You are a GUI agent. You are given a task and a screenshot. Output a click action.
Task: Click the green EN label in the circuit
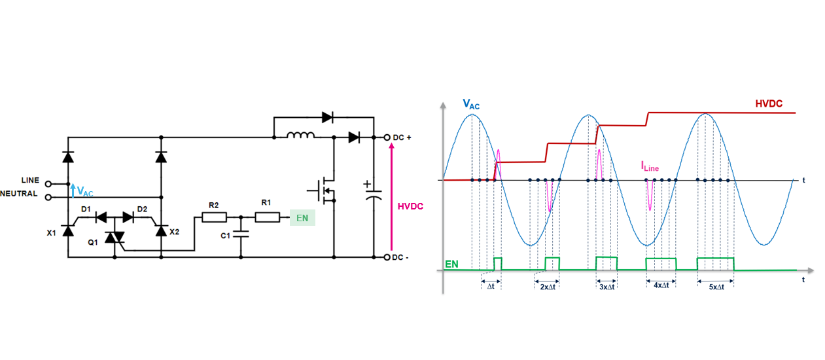pyautogui.click(x=302, y=218)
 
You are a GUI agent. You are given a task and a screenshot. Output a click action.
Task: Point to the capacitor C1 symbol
pyautogui.click(x=241, y=234)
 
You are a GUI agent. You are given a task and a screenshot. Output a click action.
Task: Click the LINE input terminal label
pyautogui.click(x=29, y=181)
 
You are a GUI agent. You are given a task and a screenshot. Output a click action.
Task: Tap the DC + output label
pyautogui.click(x=402, y=137)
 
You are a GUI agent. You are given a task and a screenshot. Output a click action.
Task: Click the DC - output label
pyautogui.click(x=400, y=257)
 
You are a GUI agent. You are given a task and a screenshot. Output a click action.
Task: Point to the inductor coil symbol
pyautogui.click(x=301, y=135)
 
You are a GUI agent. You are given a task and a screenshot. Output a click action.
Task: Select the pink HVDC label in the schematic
pyautogui.click(x=410, y=206)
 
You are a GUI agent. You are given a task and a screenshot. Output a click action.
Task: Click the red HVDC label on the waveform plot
pyautogui.click(x=769, y=103)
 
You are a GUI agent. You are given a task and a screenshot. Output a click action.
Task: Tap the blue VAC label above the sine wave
pyautogui.click(x=471, y=103)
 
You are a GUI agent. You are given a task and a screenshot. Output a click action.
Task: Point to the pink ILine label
pyautogui.click(x=650, y=168)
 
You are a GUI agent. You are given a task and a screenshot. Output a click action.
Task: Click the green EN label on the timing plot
pyautogui.click(x=451, y=264)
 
